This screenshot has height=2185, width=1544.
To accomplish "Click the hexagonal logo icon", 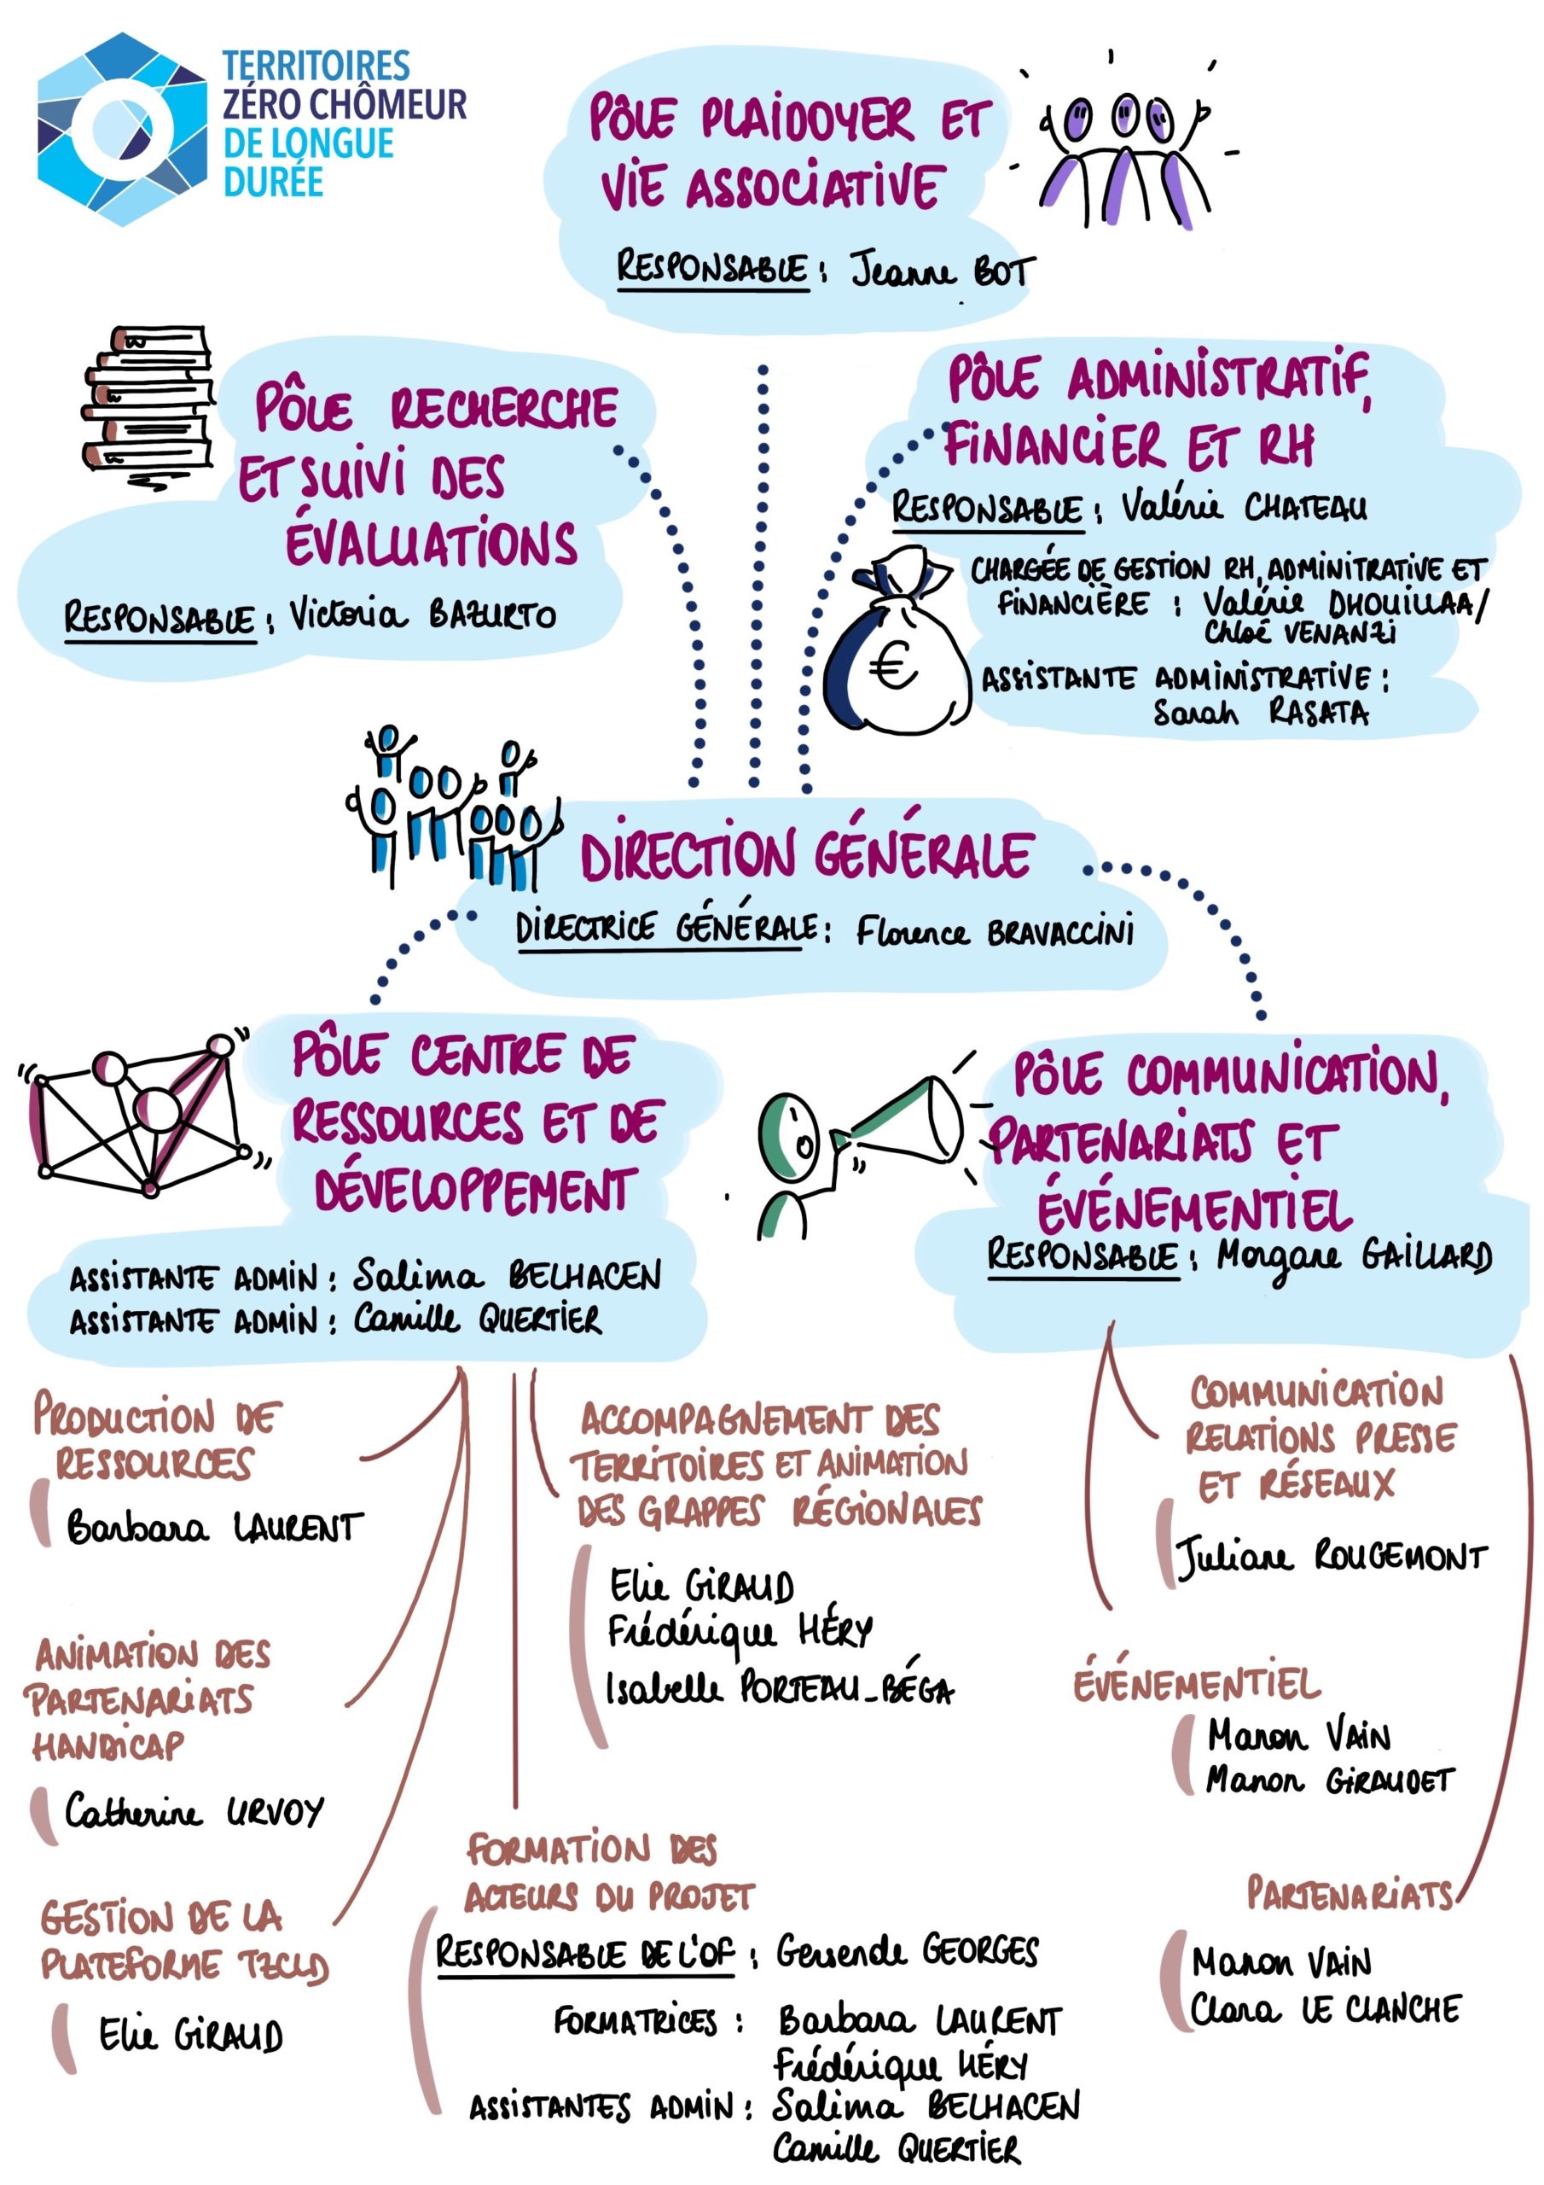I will [121, 130].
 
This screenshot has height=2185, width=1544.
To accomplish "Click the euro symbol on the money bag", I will [892, 665].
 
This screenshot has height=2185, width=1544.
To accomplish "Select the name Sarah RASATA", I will [1260, 712].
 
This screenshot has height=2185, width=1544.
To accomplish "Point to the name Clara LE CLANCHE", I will [1324, 2009].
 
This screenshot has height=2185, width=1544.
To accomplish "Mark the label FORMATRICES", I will [635, 2019].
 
